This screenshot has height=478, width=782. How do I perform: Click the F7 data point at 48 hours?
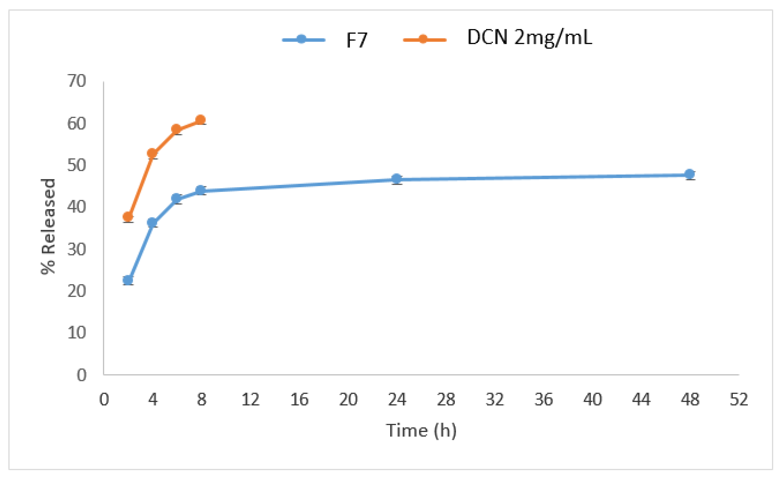tap(689, 174)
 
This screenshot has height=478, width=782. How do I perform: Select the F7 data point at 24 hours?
tap(396, 179)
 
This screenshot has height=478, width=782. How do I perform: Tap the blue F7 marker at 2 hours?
tap(128, 280)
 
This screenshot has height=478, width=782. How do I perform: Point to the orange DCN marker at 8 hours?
tap(200, 120)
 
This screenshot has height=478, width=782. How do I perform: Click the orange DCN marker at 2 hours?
tap(128, 217)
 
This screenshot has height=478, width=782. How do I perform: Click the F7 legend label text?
tap(357, 40)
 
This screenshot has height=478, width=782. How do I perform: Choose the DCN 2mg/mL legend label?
tap(529, 38)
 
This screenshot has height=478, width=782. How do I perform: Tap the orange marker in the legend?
tap(423, 39)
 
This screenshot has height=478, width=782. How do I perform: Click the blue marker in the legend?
tap(301, 39)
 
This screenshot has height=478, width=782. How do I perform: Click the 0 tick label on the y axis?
tap(82, 375)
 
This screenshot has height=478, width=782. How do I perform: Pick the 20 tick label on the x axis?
tap(348, 400)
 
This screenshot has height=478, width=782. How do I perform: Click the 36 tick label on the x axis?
tap(544, 400)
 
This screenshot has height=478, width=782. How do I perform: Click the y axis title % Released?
tap(48, 227)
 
